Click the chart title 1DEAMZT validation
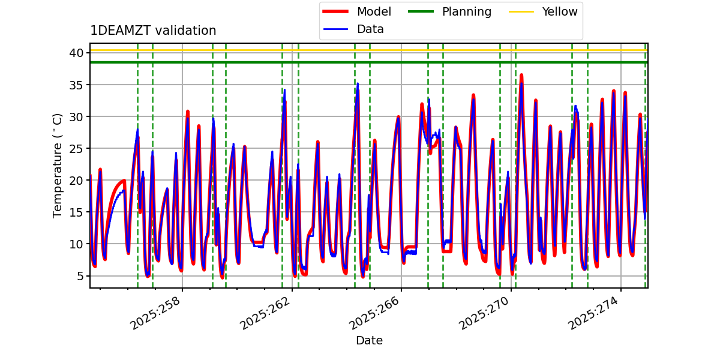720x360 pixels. tap(153, 31)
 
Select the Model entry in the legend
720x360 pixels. tap(374, 11)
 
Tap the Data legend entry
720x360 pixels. tap(370, 29)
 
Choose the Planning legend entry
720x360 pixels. tap(466, 11)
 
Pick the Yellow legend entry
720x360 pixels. tap(559, 11)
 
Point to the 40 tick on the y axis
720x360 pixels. tap(76, 53)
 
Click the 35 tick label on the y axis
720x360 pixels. tap(76, 85)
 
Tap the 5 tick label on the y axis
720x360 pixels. tap(79, 276)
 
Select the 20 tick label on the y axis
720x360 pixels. tap(76, 180)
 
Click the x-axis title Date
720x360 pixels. tap(369, 341)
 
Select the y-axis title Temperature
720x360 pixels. tap(58, 165)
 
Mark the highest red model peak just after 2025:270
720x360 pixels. tap(521, 75)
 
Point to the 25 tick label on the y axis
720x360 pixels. tap(76, 148)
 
